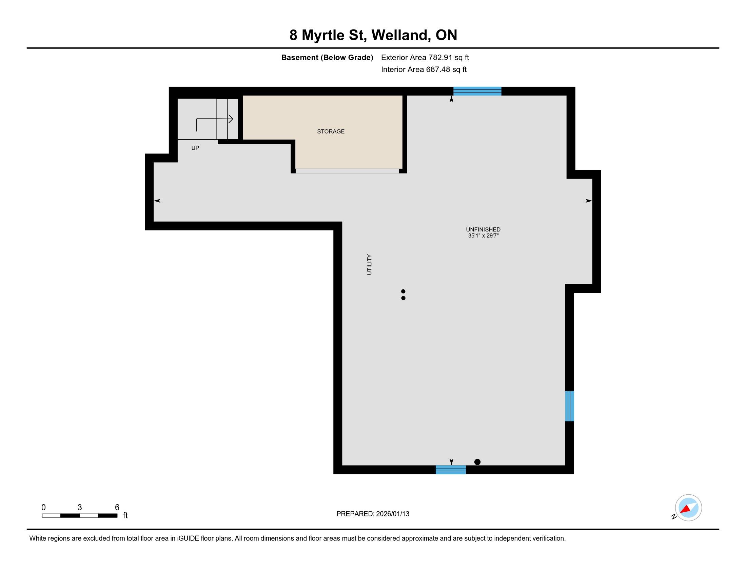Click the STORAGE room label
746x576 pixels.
click(x=331, y=131)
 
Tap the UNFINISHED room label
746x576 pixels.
click(x=483, y=230)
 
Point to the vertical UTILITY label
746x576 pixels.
click(x=369, y=265)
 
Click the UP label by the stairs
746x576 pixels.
click(x=195, y=148)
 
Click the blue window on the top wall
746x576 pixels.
click(x=477, y=91)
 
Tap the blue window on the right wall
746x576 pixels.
click(x=569, y=406)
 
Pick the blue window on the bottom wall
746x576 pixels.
click(x=451, y=470)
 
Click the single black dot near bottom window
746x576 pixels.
click(x=477, y=462)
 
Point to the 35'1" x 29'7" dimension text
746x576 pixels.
click(x=483, y=235)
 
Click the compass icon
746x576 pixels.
click(x=688, y=508)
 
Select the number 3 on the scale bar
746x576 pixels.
click(x=80, y=507)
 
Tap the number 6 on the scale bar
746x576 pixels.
click(x=117, y=507)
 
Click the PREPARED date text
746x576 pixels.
click(x=373, y=514)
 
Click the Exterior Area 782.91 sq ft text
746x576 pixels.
click(x=425, y=57)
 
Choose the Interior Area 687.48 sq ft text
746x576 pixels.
click(x=424, y=69)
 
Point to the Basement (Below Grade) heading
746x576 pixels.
click(x=327, y=57)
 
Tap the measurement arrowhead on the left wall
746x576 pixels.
click(x=157, y=201)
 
